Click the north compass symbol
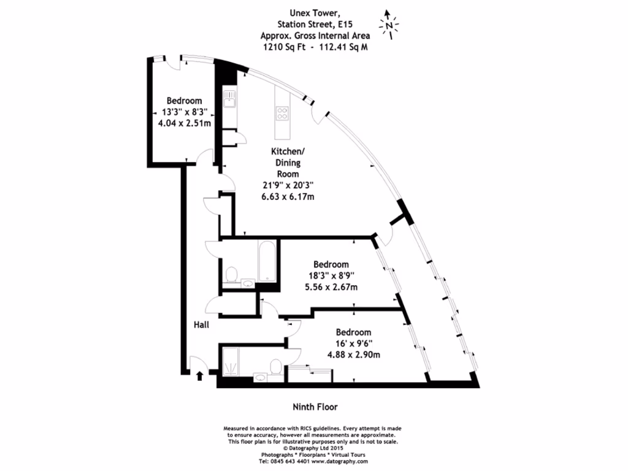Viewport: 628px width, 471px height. point(388,25)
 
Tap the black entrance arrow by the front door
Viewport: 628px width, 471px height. point(199,376)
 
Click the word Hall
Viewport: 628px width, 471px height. point(201,324)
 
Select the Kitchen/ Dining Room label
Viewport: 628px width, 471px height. point(288,163)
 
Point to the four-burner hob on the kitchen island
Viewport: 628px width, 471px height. point(282,113)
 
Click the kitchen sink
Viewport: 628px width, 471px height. point(229,99)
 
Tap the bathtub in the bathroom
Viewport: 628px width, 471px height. point(267,261)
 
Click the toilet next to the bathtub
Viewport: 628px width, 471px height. point(231,275)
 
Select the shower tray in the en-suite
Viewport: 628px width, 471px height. point(231,362)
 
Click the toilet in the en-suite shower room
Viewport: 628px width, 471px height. point(276,367)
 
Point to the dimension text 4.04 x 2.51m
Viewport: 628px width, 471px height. point(184,123)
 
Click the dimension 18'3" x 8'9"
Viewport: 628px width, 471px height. point(331,276)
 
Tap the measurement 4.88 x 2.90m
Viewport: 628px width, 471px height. point(354,355)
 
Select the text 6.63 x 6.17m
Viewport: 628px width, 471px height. point(288,197)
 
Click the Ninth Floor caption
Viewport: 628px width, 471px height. point(315,407)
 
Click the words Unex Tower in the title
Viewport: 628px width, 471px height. point(315,13)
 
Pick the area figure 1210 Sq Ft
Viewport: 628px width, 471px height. point(284,47)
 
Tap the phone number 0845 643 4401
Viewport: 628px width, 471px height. point(285,461)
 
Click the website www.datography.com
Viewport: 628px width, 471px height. point(340,461)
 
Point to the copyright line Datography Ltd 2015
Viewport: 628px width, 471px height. point(313,448)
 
